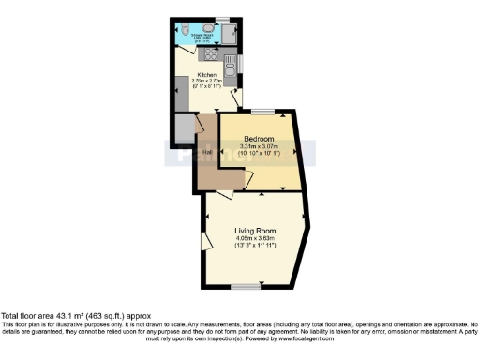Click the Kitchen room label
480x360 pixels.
coord(206,75)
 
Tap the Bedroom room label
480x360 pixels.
coord(260,139)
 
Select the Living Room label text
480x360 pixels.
coord(254,229)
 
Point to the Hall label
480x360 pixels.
coord(207,151)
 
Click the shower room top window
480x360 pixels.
coord(222,19)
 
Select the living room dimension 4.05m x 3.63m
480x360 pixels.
coord(254,238)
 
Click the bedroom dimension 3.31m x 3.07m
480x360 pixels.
coord(260,147)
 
